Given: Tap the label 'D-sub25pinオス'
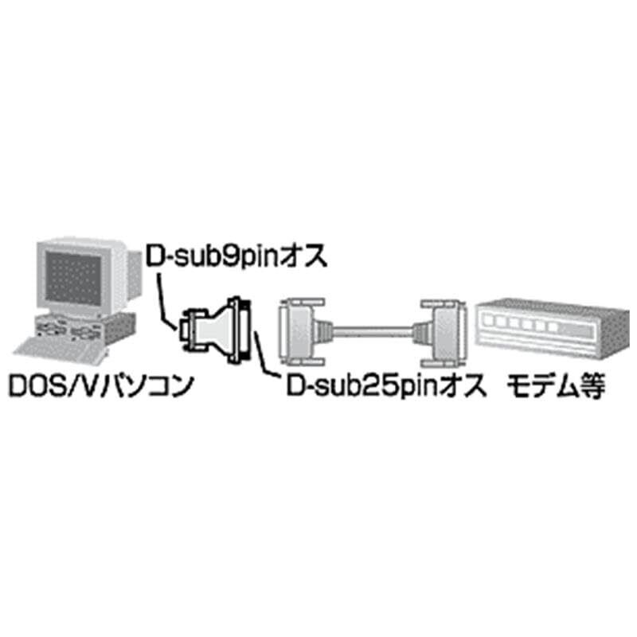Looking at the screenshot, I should (x=385, y=388).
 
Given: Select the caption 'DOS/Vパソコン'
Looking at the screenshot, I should (x=101, y=388).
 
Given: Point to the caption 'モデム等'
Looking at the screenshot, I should (x=555, y=388).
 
